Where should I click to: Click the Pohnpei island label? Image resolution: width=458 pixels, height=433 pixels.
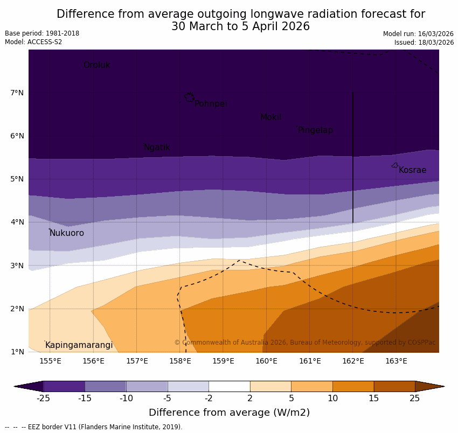point(211,104)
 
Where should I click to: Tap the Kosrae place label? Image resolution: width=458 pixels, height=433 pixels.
point(412,170)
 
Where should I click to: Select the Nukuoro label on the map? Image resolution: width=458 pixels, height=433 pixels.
point(67,233)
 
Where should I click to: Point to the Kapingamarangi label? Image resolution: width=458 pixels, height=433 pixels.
point(79,345)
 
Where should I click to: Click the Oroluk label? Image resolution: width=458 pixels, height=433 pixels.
point(96,65)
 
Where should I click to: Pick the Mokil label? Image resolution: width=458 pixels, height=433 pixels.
point(270,117)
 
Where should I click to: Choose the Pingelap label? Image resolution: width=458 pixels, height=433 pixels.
point(315,130)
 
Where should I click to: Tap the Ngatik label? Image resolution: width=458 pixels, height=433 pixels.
point(157,148)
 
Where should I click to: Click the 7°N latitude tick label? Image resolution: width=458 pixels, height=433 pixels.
point(17,93)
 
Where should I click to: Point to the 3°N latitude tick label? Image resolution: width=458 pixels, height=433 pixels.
point(17,266)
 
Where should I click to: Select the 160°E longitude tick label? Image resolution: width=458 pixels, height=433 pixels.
point(266,361)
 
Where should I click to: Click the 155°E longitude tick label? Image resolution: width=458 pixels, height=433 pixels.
point(50,361)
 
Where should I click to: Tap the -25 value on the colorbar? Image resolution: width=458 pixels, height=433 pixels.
point(43,399)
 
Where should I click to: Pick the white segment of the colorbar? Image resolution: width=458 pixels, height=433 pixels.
point(229,386)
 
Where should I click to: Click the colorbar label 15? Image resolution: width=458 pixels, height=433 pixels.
point(374,399)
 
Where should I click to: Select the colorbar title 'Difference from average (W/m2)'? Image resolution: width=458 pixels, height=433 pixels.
point(229,413)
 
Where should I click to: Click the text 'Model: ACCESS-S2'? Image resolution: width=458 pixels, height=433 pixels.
point(33,42)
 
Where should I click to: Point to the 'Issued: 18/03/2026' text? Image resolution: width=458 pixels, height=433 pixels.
point(424,43)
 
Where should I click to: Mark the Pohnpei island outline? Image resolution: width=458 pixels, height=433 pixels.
point(189,97)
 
